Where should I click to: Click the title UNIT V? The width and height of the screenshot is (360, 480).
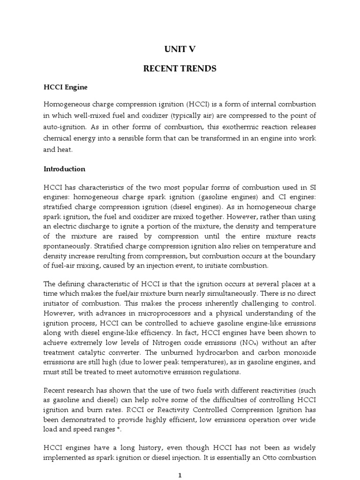pyautogui.click(x=180, y=49)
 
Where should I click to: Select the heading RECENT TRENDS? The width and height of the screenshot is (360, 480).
pyautogui.click(x=180, y=68)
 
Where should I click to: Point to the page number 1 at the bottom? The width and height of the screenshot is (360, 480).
pyautogui.click(x=180, y=475)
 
